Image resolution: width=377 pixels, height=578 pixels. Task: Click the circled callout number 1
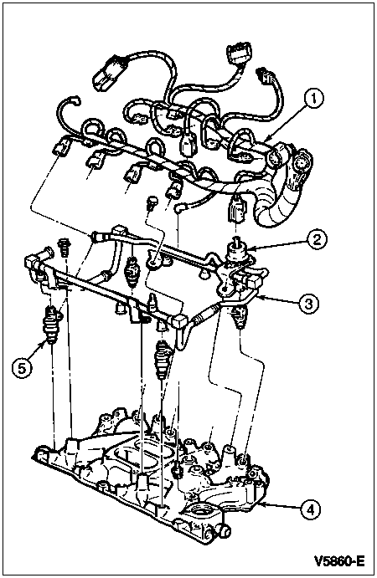point(313,100)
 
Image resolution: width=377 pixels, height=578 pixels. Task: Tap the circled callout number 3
point(308,303)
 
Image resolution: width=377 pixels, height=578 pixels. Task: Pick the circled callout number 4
point(310,509)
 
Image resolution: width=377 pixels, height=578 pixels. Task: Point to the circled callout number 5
point(22,367)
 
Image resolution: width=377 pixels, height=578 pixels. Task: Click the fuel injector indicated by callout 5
point(51,325)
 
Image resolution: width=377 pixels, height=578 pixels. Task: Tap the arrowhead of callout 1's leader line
point(266,141)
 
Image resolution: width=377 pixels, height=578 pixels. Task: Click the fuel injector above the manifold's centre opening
point(163,360)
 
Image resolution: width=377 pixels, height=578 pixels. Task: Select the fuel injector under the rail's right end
point(240,317)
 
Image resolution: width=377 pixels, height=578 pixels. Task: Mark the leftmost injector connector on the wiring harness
point(61,146)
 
